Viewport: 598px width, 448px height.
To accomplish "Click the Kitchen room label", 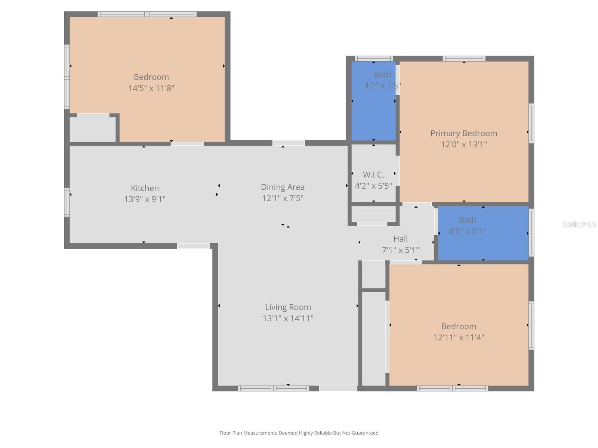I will pos(145,188).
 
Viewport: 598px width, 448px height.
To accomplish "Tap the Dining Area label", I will pos(283,187).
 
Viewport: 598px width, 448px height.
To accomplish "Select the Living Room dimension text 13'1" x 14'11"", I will pos(288,318).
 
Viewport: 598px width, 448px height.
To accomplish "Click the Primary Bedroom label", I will pos(463,133).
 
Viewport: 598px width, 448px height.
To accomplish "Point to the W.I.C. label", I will pos(373,174).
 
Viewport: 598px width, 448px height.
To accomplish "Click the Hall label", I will pos(400,239).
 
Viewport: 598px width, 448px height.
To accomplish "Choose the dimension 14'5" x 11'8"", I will pos(151,88).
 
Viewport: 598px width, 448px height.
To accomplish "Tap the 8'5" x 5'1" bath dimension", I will pos(467,231).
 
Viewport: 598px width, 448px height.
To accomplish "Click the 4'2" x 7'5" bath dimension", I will pos(382,86).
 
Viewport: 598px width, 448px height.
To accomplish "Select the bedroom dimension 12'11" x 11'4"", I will pos(459,337).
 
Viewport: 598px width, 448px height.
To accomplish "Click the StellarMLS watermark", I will pos(579,224).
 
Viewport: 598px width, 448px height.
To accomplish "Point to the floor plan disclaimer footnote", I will pos(299,433).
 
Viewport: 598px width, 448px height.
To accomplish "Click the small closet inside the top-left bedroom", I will pos(93,129).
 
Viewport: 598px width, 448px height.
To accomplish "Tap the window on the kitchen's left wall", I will pos(67,202).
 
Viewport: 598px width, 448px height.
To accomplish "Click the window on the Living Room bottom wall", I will pos(273,389).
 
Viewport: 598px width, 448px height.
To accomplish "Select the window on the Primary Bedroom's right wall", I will pos(531,123).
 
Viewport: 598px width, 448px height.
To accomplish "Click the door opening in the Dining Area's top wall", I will pos(289,143).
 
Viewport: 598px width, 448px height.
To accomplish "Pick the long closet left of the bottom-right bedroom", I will pos(374,338).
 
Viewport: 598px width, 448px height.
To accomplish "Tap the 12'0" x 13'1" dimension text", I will pos(463,144).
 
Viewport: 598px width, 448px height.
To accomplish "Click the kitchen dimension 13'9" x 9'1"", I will pos(145,199).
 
